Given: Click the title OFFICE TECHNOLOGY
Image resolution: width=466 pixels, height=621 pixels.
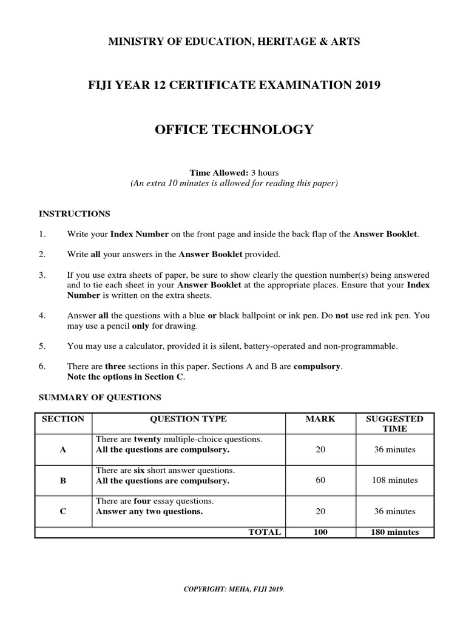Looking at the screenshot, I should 234,129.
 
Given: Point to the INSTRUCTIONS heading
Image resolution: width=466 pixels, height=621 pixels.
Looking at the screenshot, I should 74,213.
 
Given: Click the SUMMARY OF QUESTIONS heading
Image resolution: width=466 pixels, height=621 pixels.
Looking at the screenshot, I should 100,397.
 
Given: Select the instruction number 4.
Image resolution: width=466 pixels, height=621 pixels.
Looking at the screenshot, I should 42,316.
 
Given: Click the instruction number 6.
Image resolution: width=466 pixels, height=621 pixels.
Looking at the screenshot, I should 42,367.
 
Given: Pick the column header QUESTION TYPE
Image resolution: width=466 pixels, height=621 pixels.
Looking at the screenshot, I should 188,418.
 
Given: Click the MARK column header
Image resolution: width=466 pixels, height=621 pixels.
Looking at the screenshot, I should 320,418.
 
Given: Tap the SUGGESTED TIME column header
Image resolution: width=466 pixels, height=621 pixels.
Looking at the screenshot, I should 394,423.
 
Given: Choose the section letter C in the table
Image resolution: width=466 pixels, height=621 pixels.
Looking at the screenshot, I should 63,511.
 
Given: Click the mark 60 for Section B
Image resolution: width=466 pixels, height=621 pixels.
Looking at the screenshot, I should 320,480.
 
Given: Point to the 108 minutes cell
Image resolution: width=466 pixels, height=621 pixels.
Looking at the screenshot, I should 394,480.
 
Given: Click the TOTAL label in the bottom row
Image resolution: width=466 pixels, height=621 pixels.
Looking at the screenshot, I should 265,532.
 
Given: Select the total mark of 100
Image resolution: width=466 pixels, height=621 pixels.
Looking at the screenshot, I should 320,532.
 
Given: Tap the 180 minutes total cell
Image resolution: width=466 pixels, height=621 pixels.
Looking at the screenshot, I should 394,532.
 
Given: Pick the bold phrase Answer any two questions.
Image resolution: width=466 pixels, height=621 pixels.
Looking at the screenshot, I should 149,511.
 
